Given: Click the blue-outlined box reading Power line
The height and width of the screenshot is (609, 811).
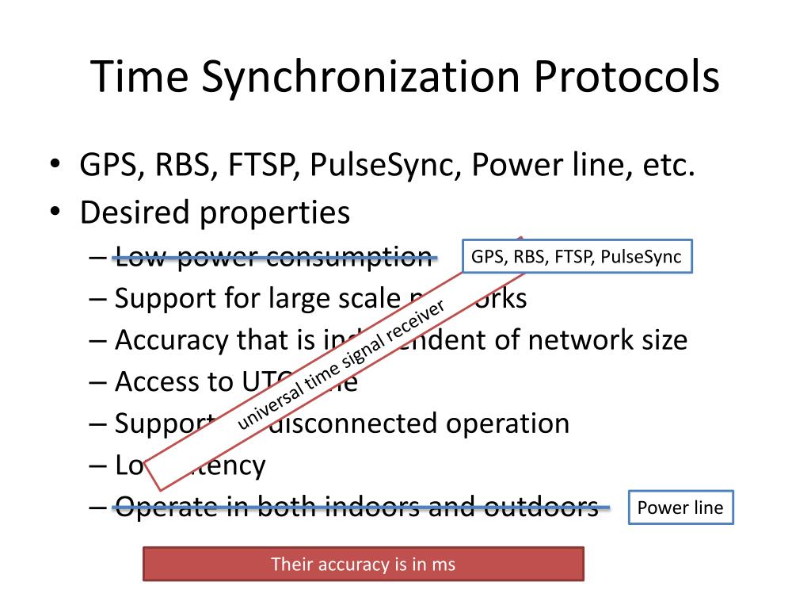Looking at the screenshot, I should [x=681, y=508].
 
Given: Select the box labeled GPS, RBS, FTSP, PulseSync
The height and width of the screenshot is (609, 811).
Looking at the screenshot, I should [x=577, y=256].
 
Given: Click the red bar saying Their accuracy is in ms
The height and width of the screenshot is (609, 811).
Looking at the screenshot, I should [x=363, y=565].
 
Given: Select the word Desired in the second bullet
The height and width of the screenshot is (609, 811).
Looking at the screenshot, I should [x=134, y=213].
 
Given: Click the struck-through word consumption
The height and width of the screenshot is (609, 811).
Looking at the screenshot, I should [x=348, y=256].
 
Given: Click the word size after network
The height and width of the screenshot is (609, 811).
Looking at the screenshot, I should [x=660, y=340].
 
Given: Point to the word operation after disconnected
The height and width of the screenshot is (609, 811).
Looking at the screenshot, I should [x=507, y=423].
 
